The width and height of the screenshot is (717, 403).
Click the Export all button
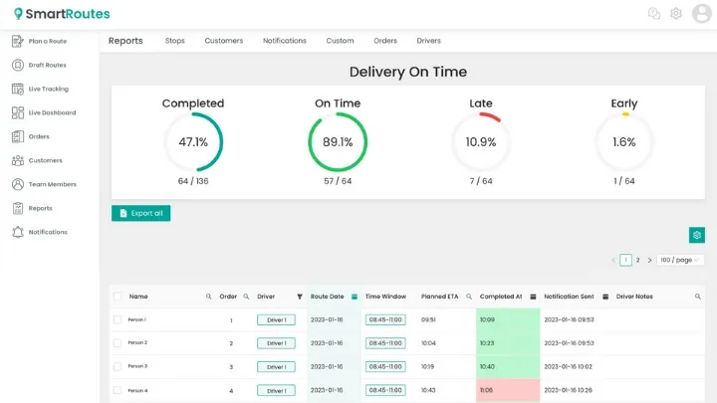[140, 213]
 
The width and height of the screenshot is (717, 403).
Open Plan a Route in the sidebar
[47, 41]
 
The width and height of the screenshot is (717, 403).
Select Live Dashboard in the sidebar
[52, 112]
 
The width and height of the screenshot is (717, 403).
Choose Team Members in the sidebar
[52, 184]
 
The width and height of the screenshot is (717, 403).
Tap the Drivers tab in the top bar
[428, 41]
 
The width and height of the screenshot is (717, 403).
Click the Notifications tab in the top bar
[285, 41]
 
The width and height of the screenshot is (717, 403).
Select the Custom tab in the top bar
[340, 41]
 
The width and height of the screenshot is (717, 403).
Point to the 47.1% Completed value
[193, 142]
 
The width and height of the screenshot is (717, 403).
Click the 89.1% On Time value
[338, 142]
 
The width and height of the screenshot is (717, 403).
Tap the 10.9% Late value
[481, 142]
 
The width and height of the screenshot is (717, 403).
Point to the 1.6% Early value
[624, 142]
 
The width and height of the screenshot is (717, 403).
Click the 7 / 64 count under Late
[481, 181]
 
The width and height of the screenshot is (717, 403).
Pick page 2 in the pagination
[638, 260]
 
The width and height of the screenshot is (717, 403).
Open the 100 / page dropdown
[681, 260]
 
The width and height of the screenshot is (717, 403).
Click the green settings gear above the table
[697, 235]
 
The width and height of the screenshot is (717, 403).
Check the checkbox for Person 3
[118, 366]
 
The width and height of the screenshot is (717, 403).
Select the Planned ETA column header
[439, 297]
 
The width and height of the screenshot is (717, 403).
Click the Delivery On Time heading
[408, 72]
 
